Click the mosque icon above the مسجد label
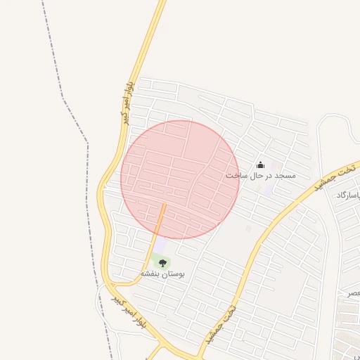(261, 165)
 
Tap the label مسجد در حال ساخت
(261, 175)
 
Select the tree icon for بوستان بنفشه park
(162, 263)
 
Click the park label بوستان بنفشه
(162, 274)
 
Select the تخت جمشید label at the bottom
(221, 323)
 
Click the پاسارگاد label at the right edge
(349, 195)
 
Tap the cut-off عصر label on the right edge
(352, 292)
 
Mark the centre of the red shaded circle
(180, 179)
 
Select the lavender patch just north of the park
(161, 245)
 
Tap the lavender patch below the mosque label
(269, 188)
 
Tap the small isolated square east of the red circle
(248, 228)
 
